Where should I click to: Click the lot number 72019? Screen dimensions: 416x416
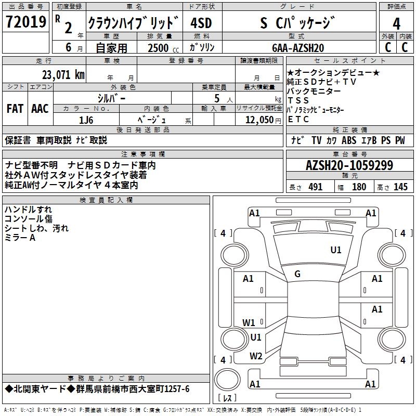25,23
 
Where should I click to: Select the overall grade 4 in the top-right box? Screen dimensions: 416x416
397,24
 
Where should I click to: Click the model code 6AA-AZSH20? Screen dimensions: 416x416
298,47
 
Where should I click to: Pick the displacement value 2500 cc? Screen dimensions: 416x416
158,48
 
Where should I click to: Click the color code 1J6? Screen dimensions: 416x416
86,119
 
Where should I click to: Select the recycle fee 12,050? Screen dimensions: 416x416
259,119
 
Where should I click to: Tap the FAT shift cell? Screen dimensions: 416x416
15,109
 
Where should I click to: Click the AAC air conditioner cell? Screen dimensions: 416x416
40,109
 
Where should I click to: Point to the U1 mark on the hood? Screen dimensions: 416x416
336,250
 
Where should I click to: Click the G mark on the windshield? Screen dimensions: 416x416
297,274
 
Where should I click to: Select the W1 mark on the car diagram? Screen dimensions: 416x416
249,322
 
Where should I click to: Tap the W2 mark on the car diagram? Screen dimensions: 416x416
256,356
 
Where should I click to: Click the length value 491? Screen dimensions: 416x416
315,187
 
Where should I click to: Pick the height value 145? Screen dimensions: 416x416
400,187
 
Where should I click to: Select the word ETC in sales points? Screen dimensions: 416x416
298,119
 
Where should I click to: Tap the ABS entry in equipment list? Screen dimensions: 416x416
349,140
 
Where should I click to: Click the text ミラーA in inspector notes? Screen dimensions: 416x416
20,238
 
